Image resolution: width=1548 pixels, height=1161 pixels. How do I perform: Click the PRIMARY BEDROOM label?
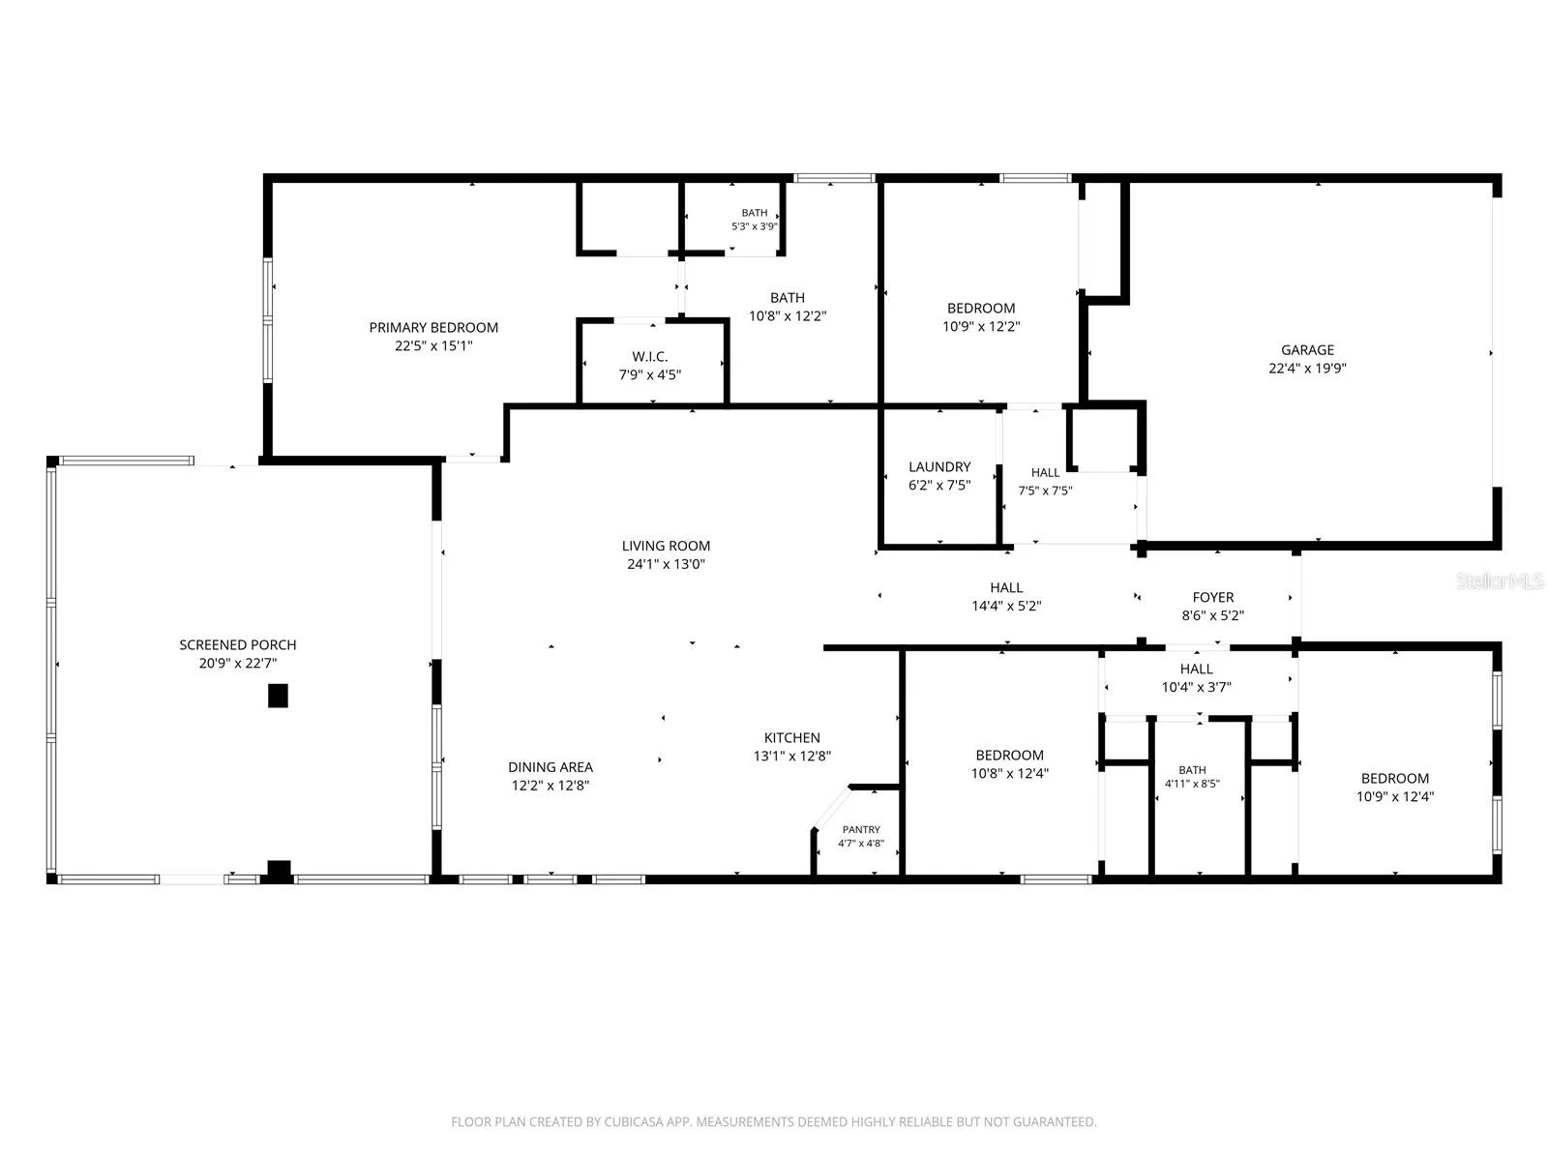tap(433, 327)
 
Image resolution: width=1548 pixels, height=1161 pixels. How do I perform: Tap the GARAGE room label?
tap(1307, 349)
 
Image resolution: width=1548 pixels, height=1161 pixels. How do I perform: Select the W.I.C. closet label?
tap(649, 357)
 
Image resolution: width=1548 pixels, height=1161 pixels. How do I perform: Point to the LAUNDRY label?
tap(939, 466)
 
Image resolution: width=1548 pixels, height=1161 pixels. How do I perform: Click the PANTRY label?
tap(861, 830)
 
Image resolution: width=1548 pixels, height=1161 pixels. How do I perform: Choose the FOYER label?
tap(1213, 597)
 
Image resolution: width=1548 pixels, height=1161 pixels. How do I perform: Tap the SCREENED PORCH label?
tap(238, 644)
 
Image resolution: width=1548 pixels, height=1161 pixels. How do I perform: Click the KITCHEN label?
tap(792, 737)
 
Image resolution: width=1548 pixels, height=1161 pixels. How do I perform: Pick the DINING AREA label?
tap(551, 767)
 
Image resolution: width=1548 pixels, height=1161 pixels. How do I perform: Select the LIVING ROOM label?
tap(666, 546)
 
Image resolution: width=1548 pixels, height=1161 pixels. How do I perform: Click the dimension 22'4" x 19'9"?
tap(1307, 368)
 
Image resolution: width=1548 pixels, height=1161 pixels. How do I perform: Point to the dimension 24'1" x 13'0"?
tap(666, 564)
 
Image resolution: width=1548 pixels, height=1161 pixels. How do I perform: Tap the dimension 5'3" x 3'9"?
tap(754, 226)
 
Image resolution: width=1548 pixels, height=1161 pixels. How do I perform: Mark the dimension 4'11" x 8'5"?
tap(1192, 783)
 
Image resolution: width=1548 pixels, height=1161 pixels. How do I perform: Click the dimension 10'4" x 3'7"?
tap(1196, 687)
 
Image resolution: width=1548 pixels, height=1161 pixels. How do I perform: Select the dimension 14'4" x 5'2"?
tap(1006, 606)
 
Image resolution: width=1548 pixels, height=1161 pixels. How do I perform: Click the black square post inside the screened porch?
tap(278, 695)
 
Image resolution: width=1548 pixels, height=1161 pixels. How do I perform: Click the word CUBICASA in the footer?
tap(631, 1120)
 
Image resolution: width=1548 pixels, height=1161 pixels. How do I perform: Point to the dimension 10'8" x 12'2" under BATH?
tap(787, 315)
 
